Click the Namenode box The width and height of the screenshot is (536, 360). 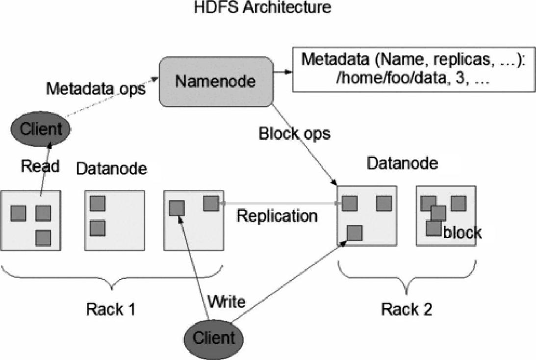(216, 81)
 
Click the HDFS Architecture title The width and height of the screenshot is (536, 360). (262, 7)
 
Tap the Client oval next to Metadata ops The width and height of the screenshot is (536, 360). (41, 129)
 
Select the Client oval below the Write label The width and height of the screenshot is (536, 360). (214, 338)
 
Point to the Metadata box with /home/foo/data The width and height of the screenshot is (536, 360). (413, 70)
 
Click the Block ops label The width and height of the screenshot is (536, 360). (295, 133)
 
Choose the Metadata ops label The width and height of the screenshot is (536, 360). (96, 89)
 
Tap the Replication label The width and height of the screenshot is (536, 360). (277, 216)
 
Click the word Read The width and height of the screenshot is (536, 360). (40, 166)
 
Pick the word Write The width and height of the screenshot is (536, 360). (227, 302)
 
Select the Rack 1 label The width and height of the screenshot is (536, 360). (111, 309)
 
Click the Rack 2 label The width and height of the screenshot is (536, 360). (407, 309)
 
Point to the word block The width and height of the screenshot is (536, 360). (462, 233)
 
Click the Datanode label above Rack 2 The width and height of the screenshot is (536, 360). (402, 163)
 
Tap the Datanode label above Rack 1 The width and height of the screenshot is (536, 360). (112, 169)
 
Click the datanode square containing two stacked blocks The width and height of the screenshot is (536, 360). (115, 221)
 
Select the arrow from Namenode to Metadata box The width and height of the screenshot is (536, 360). (282, 72)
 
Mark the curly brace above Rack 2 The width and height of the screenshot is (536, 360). (407, 278)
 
